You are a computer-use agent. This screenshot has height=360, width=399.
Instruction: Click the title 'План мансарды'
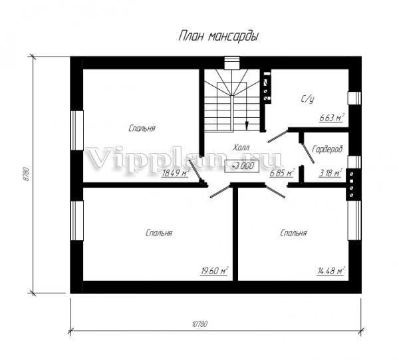click(x=219, y=36)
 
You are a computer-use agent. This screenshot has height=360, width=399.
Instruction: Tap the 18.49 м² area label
click(x=176, y=173)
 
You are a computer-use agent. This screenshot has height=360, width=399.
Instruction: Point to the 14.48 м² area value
click(x=331, y=271)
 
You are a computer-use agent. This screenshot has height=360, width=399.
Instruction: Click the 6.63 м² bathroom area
click(x=332, y=118)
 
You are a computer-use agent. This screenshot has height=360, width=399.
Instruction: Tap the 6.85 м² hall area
click(x=282, y=173)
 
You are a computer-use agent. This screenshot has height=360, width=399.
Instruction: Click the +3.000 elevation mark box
click(x=242, y=166)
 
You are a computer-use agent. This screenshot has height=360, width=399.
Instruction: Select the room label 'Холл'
click(x=241, y=147)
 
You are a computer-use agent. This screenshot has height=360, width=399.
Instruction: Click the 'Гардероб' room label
click(x=327, y=149)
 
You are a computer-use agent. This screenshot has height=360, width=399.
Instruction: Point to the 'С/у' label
click(x=307, y=99)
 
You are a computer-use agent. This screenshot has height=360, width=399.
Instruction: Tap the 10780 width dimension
click(x=199, y=324)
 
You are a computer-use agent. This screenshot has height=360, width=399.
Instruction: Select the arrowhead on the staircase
click(x=246, y=126)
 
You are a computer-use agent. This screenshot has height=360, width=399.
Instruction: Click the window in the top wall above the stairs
click(x=232, y=63)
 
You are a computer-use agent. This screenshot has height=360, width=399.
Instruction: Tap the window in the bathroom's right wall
click(x=354, y=98)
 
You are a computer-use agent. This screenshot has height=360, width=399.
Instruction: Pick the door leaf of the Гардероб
click(x=308, y=153)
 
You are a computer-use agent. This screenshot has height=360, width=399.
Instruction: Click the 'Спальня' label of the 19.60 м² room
click(x=159, y=233)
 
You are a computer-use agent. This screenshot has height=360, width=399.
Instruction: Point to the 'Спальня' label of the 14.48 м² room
click(x=293, y=233)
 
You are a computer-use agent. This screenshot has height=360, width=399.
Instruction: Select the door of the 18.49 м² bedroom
click(x=196, y=171)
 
